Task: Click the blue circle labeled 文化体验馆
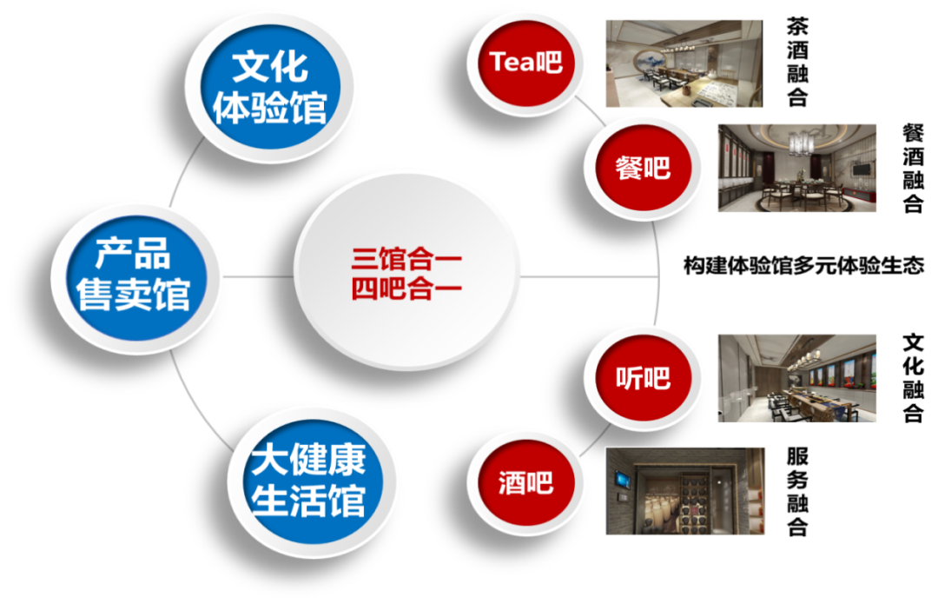pyautogui.click(x=270, y=88)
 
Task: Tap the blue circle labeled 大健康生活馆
pyautogui.click(x=308, y=481)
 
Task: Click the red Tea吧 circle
pyautogui.click(x=525, y=62)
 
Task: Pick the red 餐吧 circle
pyautogui.click(x=643, y=167)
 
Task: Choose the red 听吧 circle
pyautogui.click(x=643, y=379)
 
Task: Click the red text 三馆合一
pyautogui.click(x=406, y=259)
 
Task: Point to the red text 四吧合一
pyautogui.click(x=406, y=289)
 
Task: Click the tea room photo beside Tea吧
pyautogui.click(x=683, y=63)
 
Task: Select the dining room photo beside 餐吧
pyautogui.click(x=796, y=167)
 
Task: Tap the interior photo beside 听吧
pyautogui.click(x=796, y=378)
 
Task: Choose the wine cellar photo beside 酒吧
pyautogui.click(x=684, y=490)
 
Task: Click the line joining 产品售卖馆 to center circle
pyautogui.click(x=259, y=276)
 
